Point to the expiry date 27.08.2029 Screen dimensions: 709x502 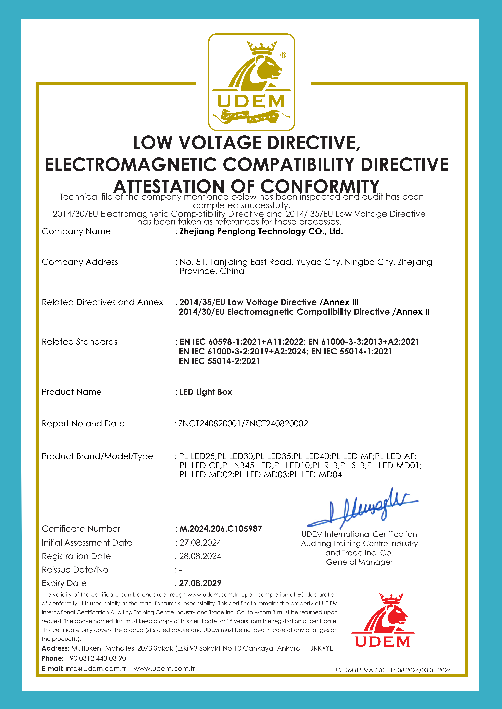coord(200,583)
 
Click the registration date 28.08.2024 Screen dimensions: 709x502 coord(200,556)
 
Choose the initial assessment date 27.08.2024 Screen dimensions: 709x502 coord(200,543)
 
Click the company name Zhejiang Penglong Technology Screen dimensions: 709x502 coord(261,231)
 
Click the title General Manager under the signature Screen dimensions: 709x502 coord(359,562)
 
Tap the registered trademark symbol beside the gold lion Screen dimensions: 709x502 coord(283,55)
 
